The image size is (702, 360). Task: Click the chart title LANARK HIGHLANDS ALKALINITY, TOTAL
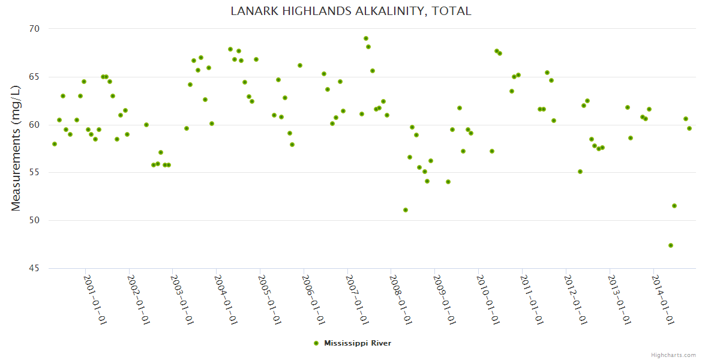click(351, 11)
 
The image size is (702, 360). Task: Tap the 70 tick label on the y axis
click(34, 29)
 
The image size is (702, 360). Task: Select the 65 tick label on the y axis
click(34, 77)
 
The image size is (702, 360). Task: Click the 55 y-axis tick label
click(34, 173)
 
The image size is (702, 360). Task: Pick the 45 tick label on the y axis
click(34, 268)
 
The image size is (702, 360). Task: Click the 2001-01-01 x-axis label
click(95, 300)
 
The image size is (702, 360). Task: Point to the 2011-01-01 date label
click(532, 300)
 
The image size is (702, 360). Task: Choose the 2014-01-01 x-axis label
click(662, 300)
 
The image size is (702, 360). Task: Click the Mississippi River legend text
click(358, 343)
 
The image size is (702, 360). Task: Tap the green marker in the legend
click(316, 343)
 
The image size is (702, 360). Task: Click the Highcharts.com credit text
click(673, 355)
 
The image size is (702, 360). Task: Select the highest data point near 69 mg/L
click(366, 38)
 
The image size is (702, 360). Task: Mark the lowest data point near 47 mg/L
click(671, 245)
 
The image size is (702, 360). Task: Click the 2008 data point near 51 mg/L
click(406, 210)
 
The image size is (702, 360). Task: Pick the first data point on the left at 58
click(55, 144)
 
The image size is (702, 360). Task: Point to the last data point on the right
click(689, 128)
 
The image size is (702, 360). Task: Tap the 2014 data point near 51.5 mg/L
click(674, 206)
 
